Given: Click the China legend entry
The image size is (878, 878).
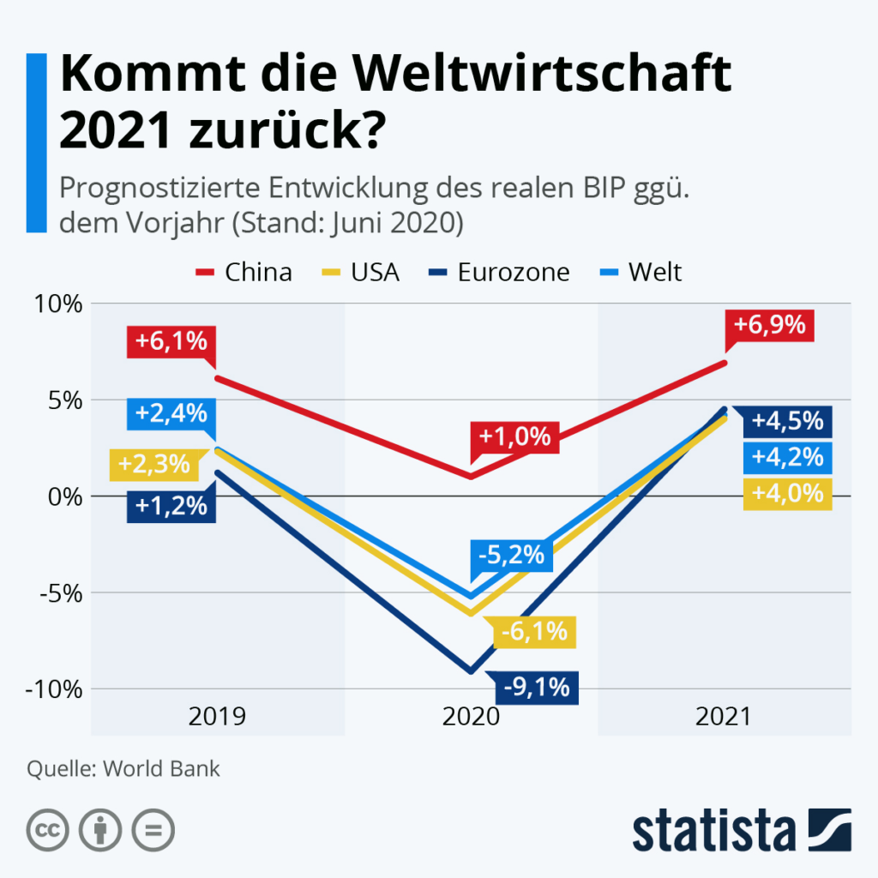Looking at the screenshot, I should click(244, 272).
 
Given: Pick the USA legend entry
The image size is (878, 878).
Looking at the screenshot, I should click(360, 272).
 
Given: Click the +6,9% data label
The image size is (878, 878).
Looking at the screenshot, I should click(769, 325).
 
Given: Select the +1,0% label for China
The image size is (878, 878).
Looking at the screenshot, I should click(514, 436).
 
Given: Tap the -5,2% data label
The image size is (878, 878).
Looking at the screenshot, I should click(509, 556).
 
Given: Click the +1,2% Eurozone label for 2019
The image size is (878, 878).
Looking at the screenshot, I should click(171, 505).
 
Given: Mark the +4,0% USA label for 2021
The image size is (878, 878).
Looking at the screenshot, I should click(787, 494).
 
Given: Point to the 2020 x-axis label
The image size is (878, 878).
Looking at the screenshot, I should click(471, 716).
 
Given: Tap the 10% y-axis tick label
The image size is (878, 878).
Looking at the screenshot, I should click(57, 304).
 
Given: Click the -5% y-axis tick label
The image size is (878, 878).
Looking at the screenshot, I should click(60, 592).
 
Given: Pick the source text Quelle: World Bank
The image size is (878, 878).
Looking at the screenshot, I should click(123, 768).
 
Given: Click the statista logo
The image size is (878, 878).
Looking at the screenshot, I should click(742, 829).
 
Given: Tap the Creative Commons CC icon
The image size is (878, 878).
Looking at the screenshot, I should click(50, 829).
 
